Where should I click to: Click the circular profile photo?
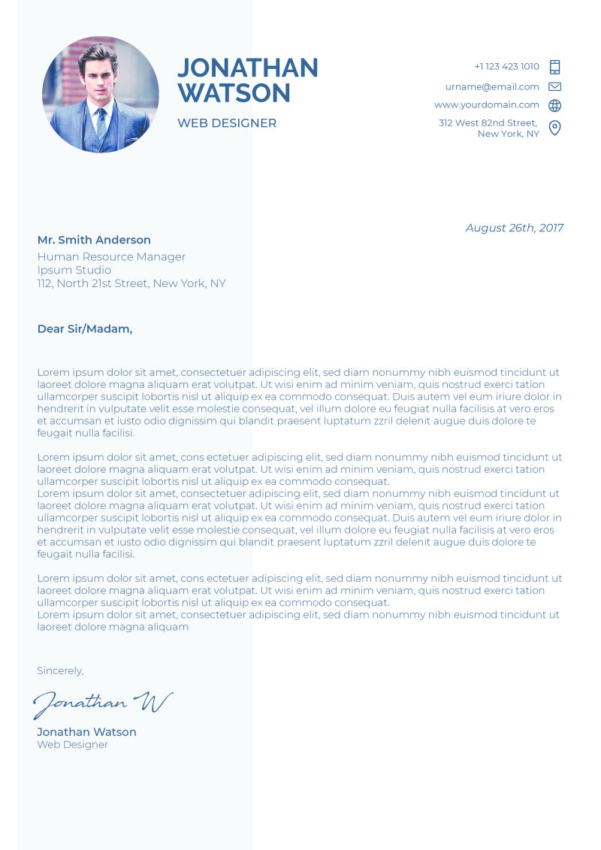[x=100, y=95]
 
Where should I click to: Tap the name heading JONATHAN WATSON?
[x=247, y=80]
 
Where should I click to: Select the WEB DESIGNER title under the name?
[x=227, y=123]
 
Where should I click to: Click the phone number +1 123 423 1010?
[x=506, y=67]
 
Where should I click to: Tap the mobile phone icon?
[x=555, y=67]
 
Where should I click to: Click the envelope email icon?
[x=555, y=86]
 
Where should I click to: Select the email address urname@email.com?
[x=492, y=86]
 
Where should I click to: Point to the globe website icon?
[x=555, y=106]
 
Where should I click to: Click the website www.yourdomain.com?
[x=487, y=105]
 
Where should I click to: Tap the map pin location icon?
[x=555, y=128]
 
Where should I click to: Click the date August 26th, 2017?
[x=515, y=228]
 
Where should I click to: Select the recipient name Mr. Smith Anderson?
[x=94, y=240]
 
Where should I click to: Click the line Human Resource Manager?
[x=111, y=257]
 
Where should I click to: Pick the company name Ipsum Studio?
[x=74, y=271]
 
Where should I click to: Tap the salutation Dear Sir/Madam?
[x=85, y=329]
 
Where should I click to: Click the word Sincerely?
[x=60, y=671]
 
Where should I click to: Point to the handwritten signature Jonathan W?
[x=103, y=703]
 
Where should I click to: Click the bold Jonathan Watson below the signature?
[x=86, y=732]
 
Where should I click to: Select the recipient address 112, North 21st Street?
[x=131, y=284]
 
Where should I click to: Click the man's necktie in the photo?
[x=101, y=123]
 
